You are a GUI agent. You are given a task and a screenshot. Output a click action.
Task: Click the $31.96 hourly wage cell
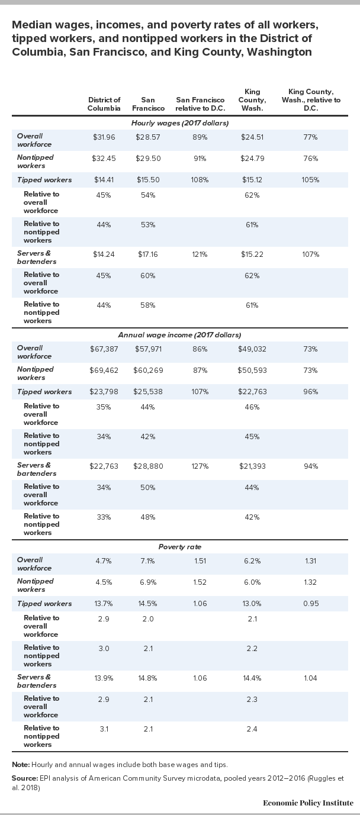(x=104, y=137)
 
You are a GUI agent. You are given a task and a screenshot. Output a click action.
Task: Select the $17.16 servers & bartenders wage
(x=148, y=255)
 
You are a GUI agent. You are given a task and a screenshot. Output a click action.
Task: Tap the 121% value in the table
(x=200, y=255)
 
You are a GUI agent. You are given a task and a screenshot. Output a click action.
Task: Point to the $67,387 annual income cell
(x=104, y=349)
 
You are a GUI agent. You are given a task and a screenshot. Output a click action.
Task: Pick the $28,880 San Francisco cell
(x=148, y=466)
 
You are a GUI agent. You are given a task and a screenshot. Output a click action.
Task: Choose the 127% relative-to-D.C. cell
(x=200, y=466)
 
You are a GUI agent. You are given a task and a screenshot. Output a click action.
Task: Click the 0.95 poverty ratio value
(x=310, y=604)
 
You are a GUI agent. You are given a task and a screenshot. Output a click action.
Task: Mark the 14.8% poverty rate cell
(x=148, y=678)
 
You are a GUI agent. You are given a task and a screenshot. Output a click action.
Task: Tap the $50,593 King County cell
(x=252, y=371)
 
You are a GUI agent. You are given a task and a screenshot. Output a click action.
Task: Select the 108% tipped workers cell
(x=200, y=180)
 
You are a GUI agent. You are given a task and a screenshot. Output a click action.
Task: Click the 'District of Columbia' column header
(x=104, y=104)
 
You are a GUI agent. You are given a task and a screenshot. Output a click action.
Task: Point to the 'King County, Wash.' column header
(x=252, y=100)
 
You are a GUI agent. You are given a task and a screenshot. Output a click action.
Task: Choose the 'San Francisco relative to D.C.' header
(x=200, y=104)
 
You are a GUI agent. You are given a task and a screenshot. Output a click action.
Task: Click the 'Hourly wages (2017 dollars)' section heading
(x=180, y=123)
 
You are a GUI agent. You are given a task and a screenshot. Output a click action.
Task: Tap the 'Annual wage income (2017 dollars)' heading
(x=180, y=335)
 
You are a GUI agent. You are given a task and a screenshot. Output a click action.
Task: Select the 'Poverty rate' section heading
(x=180, y=547)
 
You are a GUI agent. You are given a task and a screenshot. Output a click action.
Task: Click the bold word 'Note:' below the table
(x=21, y=765)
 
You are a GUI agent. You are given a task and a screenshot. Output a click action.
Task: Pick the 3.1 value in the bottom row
(x=104, y=729)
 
